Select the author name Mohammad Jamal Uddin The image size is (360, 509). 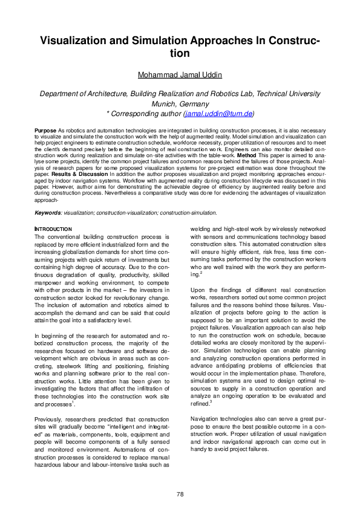180,75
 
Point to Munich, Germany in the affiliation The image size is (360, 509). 180,103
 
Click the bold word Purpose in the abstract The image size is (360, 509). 45,131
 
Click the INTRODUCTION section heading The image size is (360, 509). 53,229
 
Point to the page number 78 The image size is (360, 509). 180,494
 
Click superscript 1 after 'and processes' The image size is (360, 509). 73,401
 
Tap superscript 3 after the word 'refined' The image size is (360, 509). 211,401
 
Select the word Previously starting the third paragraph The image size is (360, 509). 49,419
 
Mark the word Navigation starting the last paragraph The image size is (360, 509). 205,418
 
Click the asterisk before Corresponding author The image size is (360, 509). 108,114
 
